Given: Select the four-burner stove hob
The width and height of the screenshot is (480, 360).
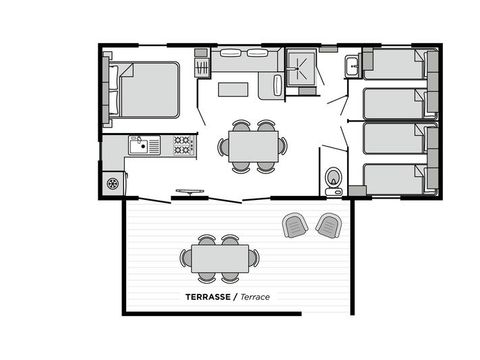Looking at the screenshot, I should click(182, 146).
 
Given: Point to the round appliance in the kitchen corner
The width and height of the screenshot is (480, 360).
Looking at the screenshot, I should click(113, 183).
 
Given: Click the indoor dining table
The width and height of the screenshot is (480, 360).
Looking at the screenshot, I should click(252, 146).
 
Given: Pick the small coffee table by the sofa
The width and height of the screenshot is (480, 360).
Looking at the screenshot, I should click(233, 89).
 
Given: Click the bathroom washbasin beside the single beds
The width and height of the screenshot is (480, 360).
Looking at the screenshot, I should click(352, 67).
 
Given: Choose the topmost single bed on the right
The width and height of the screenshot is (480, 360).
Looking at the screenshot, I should click(394, 66).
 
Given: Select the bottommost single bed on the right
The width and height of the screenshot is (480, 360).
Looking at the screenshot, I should click(394, 178).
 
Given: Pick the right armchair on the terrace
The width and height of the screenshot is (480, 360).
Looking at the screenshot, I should click(328, 225).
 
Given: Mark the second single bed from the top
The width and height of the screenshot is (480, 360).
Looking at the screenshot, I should click(394, 103).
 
